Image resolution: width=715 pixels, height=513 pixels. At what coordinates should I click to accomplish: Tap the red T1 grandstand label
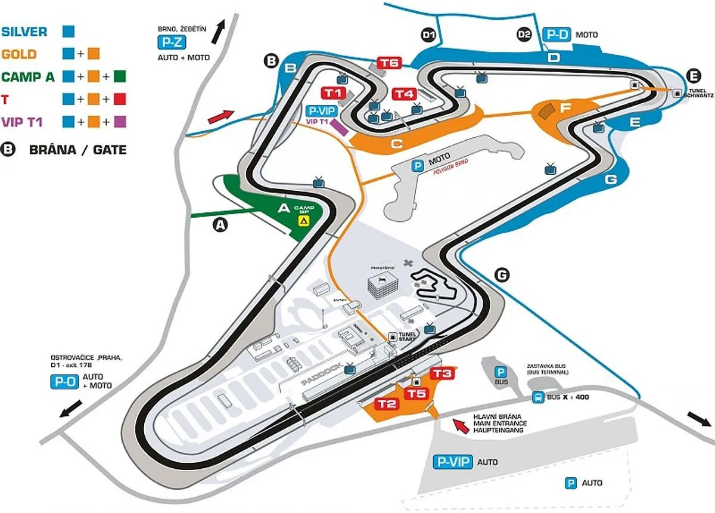coord(332,92)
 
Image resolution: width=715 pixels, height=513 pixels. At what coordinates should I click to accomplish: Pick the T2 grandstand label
coord(387,404)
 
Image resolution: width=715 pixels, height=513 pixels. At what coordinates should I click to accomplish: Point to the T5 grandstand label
coord(416,394)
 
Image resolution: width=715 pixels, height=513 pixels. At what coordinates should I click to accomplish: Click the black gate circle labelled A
coord(221,225)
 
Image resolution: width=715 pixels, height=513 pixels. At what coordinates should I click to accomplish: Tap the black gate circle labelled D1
coord(428,35)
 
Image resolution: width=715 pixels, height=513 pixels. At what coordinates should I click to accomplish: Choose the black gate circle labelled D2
coord(524,35)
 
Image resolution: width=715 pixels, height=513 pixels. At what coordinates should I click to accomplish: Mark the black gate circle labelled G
coord(502,274)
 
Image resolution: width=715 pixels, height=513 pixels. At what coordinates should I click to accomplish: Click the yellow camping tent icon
coord(304,221)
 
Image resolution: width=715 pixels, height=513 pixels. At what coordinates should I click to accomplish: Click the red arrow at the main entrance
coord(459,425)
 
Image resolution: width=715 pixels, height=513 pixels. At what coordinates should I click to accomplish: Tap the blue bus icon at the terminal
coord(537,397)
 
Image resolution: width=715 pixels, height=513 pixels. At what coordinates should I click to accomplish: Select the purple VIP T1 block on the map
coord(339,127)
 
